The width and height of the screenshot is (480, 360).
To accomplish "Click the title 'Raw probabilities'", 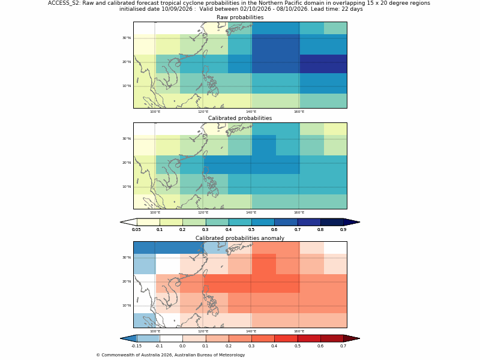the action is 240,17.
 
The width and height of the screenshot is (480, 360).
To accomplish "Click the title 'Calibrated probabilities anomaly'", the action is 240,238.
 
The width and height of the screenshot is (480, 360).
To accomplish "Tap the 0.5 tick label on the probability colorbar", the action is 251,230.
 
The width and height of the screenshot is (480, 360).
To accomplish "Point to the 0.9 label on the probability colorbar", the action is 343,230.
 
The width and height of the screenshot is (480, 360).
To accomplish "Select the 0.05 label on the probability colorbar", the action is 136,230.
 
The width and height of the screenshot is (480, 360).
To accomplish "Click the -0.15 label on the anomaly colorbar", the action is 136,346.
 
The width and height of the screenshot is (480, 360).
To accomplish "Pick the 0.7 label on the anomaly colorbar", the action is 343,346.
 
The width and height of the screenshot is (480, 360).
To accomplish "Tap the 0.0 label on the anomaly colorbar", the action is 182,346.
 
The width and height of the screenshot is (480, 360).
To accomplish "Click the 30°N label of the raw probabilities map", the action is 127,38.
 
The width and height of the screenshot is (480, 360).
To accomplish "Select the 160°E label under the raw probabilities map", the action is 299,112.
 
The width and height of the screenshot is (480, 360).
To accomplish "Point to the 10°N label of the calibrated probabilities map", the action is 127,187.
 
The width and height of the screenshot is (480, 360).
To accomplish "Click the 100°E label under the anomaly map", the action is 155,331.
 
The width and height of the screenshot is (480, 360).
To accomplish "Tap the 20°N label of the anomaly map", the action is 127,281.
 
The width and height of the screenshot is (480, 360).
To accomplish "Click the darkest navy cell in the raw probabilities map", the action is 323,64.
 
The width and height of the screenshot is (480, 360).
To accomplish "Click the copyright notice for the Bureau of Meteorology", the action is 170,355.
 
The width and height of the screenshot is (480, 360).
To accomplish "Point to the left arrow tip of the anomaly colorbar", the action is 121,338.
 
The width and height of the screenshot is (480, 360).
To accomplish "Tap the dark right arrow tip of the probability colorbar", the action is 359,222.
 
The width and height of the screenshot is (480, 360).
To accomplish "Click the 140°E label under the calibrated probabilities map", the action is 251,213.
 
